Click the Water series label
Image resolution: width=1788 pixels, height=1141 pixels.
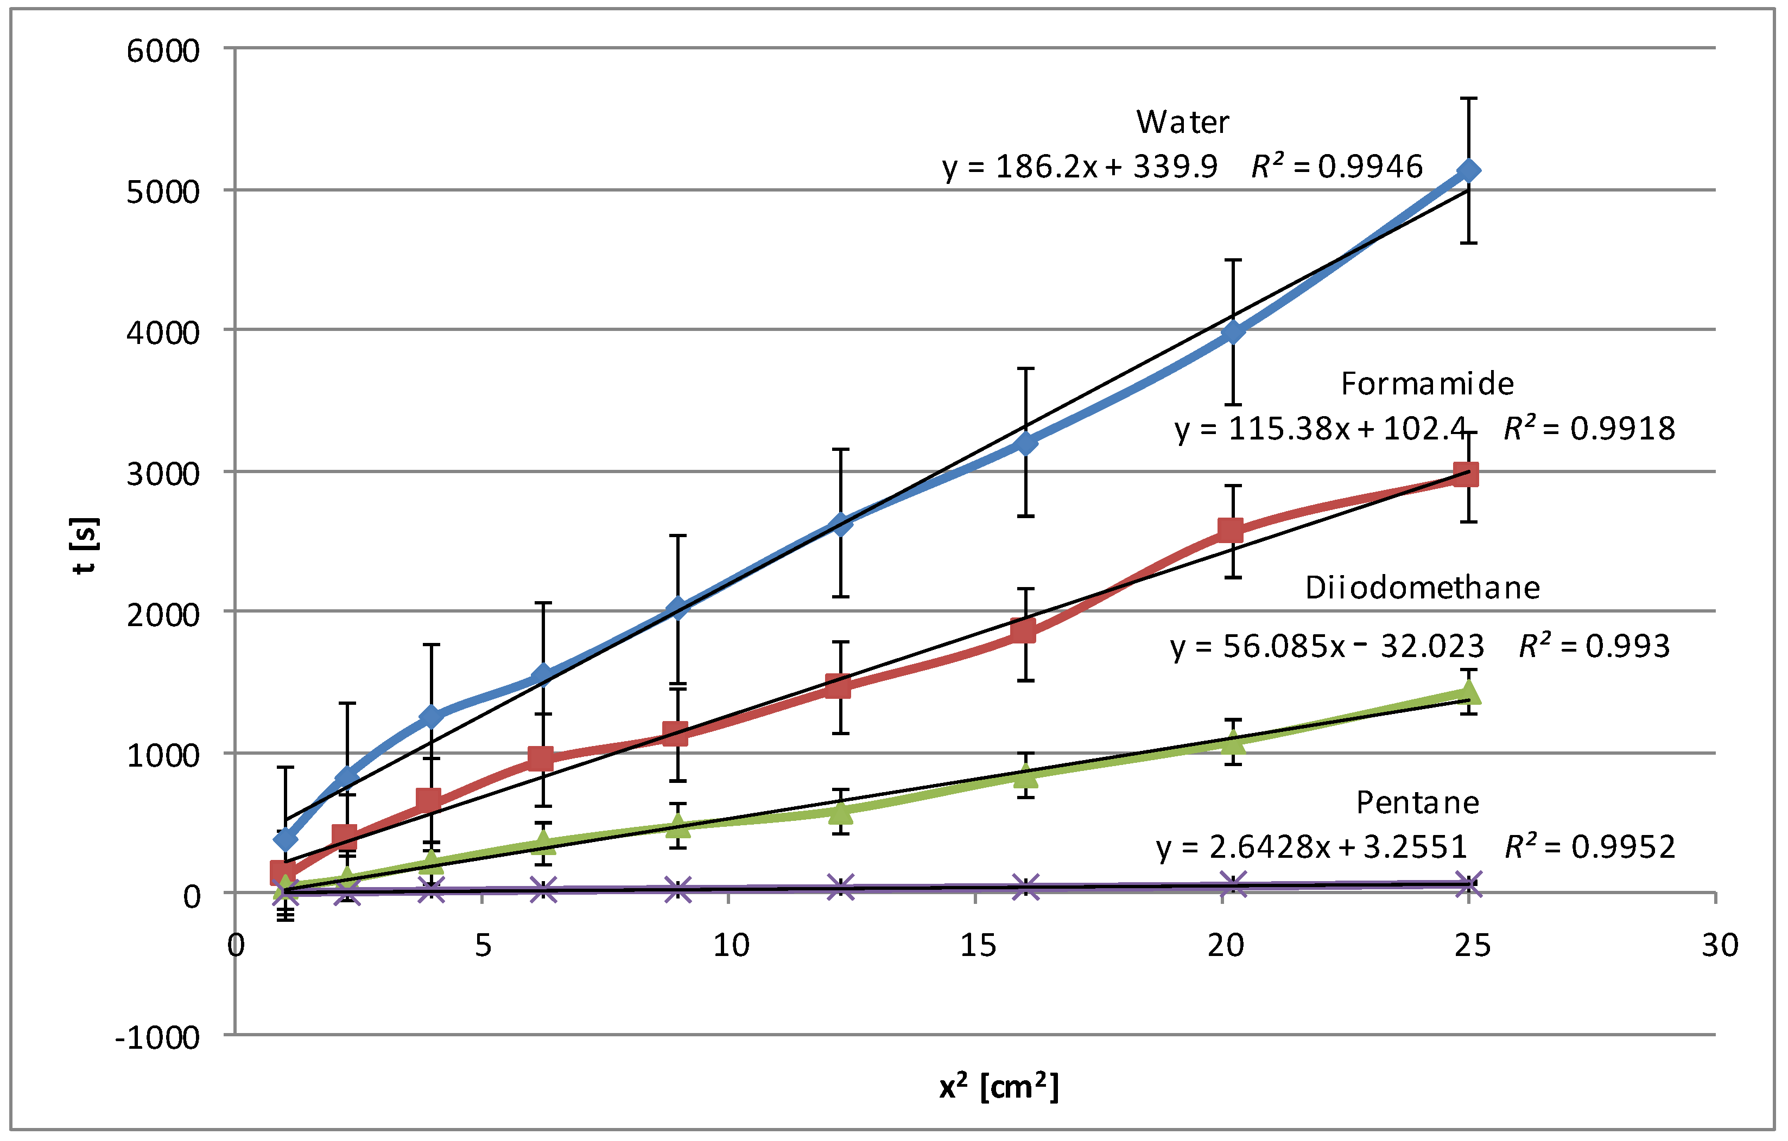[1182, 123]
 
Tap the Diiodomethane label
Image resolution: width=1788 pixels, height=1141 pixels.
[1422, 588]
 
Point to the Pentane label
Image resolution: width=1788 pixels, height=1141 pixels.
[1417, 803]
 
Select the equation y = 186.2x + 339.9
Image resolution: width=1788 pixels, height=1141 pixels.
[1080, 167]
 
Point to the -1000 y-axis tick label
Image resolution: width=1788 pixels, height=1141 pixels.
[157, 1038]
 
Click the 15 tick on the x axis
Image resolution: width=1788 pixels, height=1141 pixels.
[977, 946]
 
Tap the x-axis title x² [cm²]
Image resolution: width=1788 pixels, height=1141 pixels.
[999, 1087]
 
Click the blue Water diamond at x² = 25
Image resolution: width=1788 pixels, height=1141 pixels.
[1468, 171]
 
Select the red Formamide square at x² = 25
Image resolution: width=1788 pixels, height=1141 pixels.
[1466, 474]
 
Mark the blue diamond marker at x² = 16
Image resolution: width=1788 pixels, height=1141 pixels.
[1025, 443]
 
